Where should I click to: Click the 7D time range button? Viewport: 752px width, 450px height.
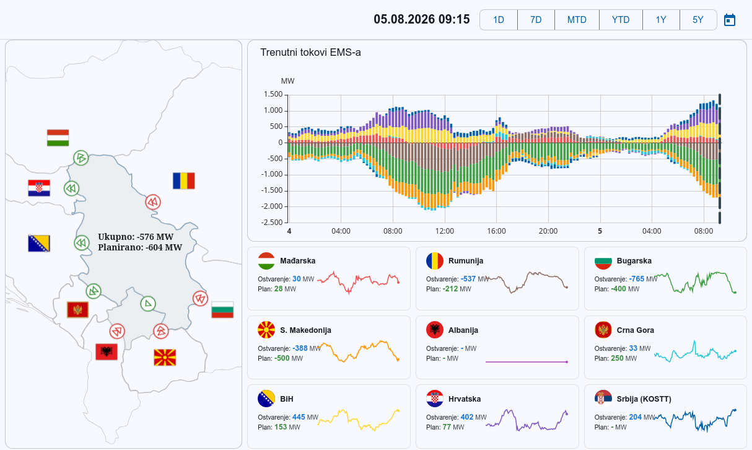pyautogui.click(x=536, y=20)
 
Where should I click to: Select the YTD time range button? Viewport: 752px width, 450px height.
pyautogui.click(x=621, y=20)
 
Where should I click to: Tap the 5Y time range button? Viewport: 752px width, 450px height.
pyautogui.click(x=698, y=20)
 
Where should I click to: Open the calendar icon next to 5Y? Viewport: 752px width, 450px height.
pyautogui.click(x=730, y=20)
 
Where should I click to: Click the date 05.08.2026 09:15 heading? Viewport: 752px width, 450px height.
pyautogui.click(x=422, y=19)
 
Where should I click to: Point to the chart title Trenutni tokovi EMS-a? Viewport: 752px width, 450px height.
pyautogui.click(x=310, y=53)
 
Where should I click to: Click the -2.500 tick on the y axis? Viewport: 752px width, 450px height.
pyautogui.click(x=272, y=223)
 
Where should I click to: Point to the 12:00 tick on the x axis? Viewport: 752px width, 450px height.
pyautogui.click(x=445, y=231)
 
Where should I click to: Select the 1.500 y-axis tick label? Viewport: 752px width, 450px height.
pyautogui.click(x=273, y=94)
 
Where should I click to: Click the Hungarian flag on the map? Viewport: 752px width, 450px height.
pyautogui.click(x=58, y=138)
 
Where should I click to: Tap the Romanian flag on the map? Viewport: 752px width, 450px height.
pyautogui.click(x=183, y=180)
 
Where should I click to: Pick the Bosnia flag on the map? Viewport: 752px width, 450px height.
pyautogui.click(x=39, y=244)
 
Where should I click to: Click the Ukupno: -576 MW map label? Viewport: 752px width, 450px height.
pyautogui.click(x=136, y=237)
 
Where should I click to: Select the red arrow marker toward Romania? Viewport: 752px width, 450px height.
pyautogui.click(x=153, y=202)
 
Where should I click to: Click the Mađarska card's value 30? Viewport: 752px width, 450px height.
pyautogui.click(x=297, y=279)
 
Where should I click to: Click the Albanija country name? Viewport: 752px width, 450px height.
pyautogui.click(x=463, y=330)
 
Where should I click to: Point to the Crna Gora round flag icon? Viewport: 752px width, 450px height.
pyautogui.click(x=603, y=330)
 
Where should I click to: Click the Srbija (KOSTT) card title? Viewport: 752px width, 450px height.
pyautogui.click(x=644, y=399)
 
